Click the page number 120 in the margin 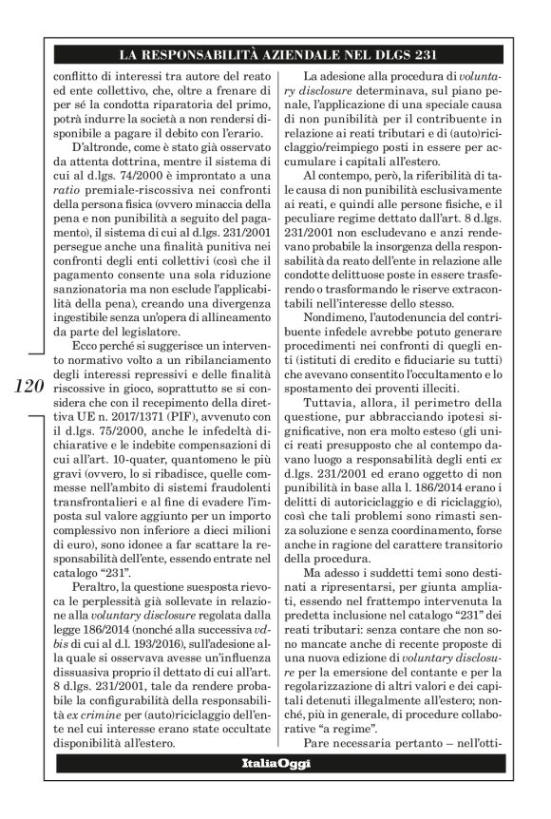pyautogui.click(x=30, y=388)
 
